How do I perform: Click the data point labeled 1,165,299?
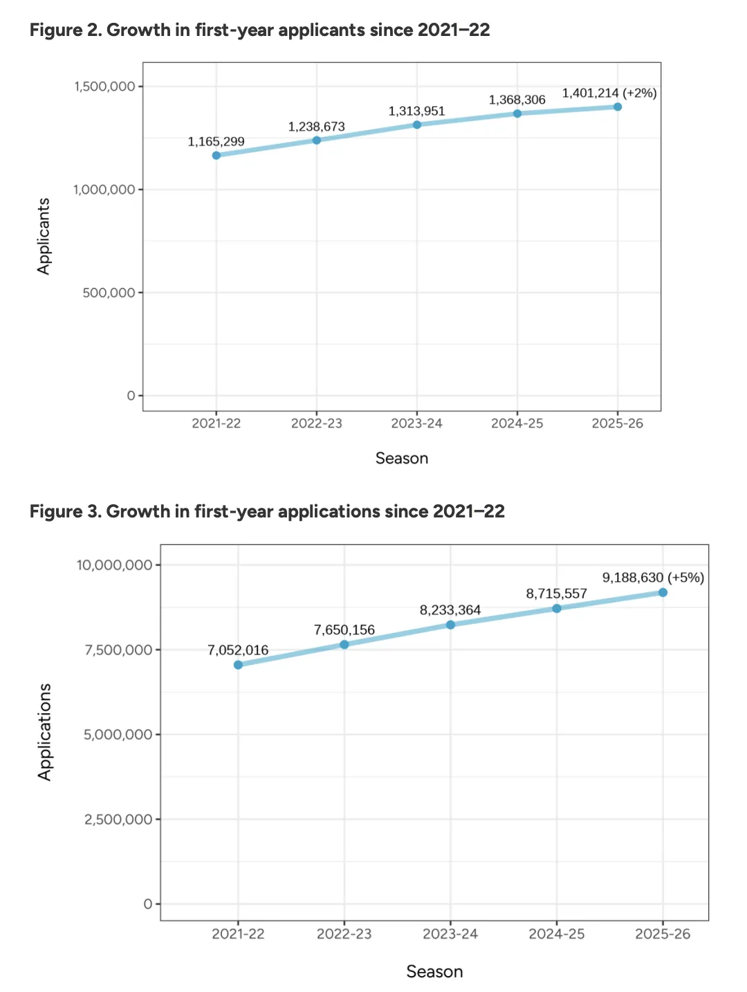coord(216,155)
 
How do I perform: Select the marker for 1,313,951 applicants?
coord(417,125)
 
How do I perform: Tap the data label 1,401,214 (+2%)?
coord(609,93)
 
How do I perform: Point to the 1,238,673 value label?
coord(316,127)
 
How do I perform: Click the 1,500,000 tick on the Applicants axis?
coord(104,86)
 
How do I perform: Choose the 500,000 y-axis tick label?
coord(109,293)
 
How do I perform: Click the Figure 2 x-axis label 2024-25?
coord(517,423)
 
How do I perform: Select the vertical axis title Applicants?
coord(44,236)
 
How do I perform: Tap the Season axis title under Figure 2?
coord(401,458)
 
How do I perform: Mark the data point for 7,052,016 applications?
coord(238,665)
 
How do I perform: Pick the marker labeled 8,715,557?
coord(557,609)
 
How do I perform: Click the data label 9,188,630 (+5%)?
coord(652,578)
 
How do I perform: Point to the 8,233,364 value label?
coord(450,610)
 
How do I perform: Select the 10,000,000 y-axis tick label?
coord(114,565)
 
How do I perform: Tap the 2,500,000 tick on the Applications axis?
coord(118,820)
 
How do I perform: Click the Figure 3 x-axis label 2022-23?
coord(344,934)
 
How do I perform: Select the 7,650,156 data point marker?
coord(344,645)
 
